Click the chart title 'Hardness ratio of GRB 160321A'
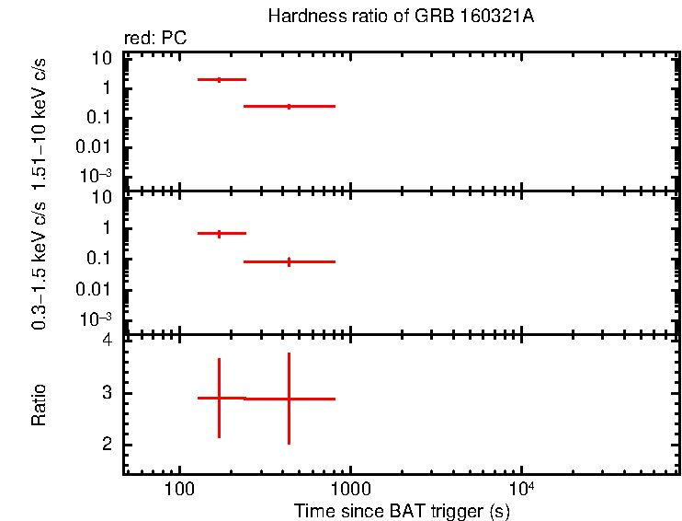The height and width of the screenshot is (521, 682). click(x=400, y=17)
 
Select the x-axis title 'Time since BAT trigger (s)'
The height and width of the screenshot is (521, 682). click(x=402, y=510)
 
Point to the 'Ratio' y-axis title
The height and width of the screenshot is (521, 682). click(x=39, y=405)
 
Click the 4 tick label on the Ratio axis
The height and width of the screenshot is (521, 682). click(x=108, y=341)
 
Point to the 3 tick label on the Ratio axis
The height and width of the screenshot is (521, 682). click(x=108, y=393)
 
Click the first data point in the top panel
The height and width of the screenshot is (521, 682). click(x=219, y=80)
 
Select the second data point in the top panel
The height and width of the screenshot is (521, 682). click(x=289, y=107)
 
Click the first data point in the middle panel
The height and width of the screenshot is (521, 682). click(x=219, y=234)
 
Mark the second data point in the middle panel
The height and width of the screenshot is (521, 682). click(x=289, y=262)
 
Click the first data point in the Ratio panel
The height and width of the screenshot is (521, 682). click(x=219, y=398)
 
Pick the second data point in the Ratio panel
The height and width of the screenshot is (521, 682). click(x=289, y=399)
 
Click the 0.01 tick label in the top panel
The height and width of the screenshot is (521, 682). click(x=95, y=147)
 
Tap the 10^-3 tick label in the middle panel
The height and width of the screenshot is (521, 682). click(x=95, y=319)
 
